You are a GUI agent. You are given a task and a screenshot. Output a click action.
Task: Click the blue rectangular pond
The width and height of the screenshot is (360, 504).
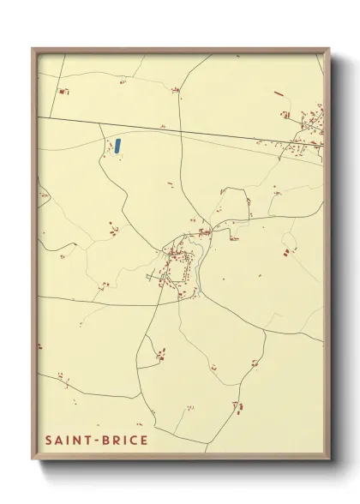[x=117, y=145]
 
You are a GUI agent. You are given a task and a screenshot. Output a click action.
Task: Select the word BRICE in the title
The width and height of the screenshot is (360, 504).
[x=125, y=441]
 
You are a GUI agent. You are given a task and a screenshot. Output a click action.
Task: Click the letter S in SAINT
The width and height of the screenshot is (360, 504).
[x=49, y=441]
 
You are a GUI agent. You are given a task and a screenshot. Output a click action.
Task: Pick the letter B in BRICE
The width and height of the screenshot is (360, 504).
[x=105, y=441]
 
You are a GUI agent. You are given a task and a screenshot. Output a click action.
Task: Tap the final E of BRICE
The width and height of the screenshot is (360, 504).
[x=145, y=441]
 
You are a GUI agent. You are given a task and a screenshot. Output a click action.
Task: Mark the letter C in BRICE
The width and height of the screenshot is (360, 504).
[x=135, y=441]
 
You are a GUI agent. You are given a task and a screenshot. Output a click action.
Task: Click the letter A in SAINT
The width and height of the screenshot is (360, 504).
[x=59, y=441]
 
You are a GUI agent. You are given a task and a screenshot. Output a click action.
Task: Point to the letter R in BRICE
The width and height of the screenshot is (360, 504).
[x=116, y=441]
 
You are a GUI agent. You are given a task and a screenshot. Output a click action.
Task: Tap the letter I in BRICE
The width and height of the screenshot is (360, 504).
[x=125, y=441]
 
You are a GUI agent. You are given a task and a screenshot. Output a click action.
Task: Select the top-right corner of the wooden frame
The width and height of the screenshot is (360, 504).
[x=329, y=49]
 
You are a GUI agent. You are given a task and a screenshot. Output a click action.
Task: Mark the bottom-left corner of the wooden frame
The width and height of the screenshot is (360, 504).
[x=33, y=460]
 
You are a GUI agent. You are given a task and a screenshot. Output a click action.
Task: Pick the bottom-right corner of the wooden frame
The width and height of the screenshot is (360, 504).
[x=329, y=460]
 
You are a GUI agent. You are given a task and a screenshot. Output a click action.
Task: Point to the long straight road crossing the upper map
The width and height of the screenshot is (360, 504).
[x=171, y=130]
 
